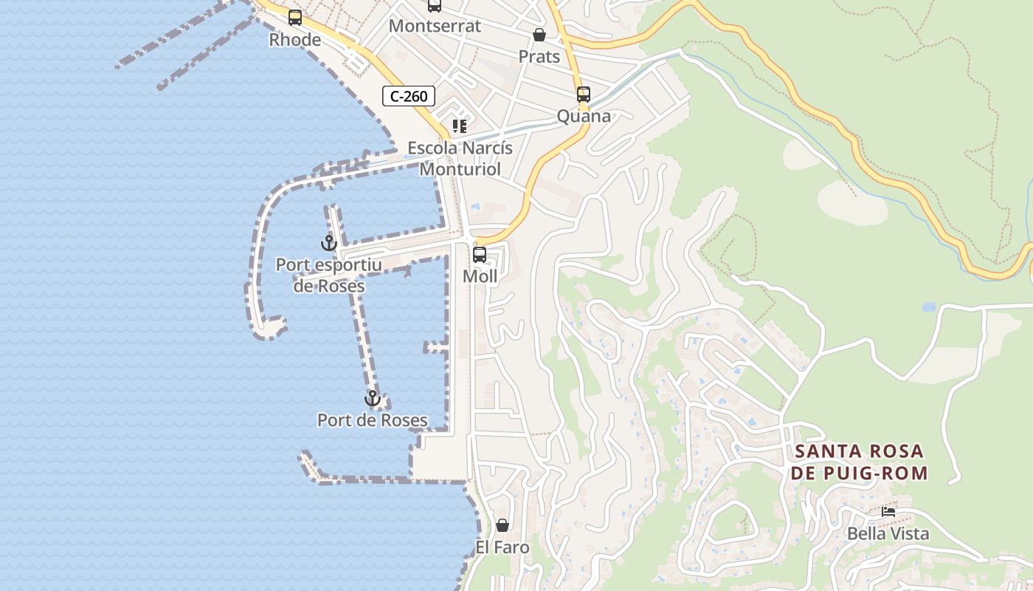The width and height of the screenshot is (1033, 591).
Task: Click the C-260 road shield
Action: click(409, 96)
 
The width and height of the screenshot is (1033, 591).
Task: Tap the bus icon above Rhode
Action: click(295, 18)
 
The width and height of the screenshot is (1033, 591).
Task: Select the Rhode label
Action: click(295, 40)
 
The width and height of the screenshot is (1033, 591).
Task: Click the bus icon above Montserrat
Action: click(435, 5)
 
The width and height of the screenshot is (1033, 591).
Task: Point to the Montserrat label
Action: click(435, 26)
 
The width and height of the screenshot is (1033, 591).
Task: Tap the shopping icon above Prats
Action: click(539, 35)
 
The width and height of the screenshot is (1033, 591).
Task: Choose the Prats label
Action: click(539, 57)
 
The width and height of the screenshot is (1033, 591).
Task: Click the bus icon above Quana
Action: click(584, 95)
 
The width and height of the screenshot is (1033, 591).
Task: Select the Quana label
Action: click(584, 116)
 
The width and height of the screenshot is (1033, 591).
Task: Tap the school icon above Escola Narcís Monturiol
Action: click(460, 126)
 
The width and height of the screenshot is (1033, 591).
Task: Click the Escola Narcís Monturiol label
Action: click(460, 158)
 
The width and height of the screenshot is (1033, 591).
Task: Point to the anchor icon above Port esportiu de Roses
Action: click(329, 242)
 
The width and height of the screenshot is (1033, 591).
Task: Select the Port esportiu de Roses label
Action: click(329, 275)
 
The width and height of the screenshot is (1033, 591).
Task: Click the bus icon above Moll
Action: click(480, 255)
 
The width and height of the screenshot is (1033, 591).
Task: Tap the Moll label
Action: click(480, 276)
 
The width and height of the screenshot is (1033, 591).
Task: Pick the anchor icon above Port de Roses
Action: click(373, 399)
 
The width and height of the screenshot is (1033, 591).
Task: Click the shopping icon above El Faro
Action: click(502, 525)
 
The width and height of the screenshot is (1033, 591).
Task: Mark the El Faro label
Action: click(502, 547)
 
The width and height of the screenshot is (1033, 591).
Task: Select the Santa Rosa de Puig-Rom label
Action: click(859, 462)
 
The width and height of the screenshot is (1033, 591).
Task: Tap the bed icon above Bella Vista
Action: click(888, 511)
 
